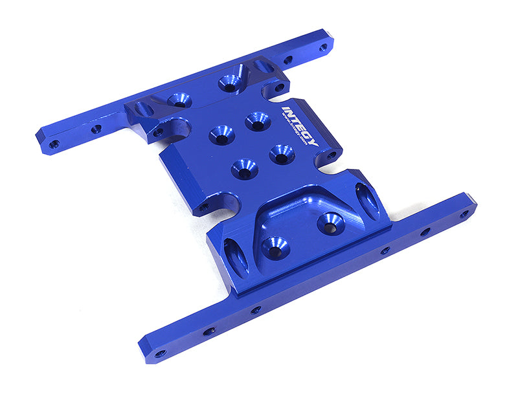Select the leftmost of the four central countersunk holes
point(221,134)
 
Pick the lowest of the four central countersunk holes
point(244,169)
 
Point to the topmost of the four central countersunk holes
point(257,120)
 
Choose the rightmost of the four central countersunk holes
point(282,154)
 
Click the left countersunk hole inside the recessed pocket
point(275,247)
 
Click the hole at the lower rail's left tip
point(159,353)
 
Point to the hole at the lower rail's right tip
point(464,214)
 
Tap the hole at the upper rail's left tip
point(54,143)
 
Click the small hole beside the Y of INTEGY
point(332,155)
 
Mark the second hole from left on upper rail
point(96,129)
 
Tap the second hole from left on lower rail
point(208,331)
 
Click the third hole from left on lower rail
point(256,309)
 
